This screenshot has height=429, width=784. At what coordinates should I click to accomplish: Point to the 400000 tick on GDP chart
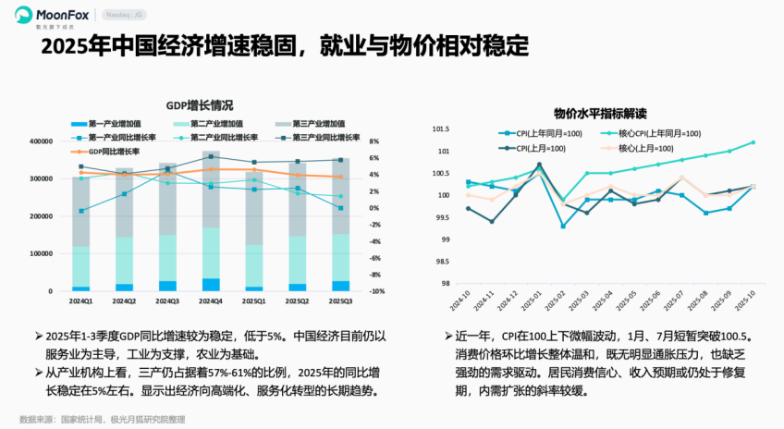click(40, 141)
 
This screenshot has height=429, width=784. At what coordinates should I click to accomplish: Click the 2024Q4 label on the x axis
click(212, 301)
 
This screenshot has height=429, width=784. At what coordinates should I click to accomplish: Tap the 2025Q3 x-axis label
click(341, 301)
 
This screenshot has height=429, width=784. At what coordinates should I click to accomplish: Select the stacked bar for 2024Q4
click(212, 222)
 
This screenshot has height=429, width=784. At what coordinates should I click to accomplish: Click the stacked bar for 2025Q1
click(255, 231)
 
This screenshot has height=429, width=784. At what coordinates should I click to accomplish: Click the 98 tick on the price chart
click(444, 284)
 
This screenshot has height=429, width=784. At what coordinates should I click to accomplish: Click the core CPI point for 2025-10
click(753, 142)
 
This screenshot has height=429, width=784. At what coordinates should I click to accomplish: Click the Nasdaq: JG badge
click(127, 16)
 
